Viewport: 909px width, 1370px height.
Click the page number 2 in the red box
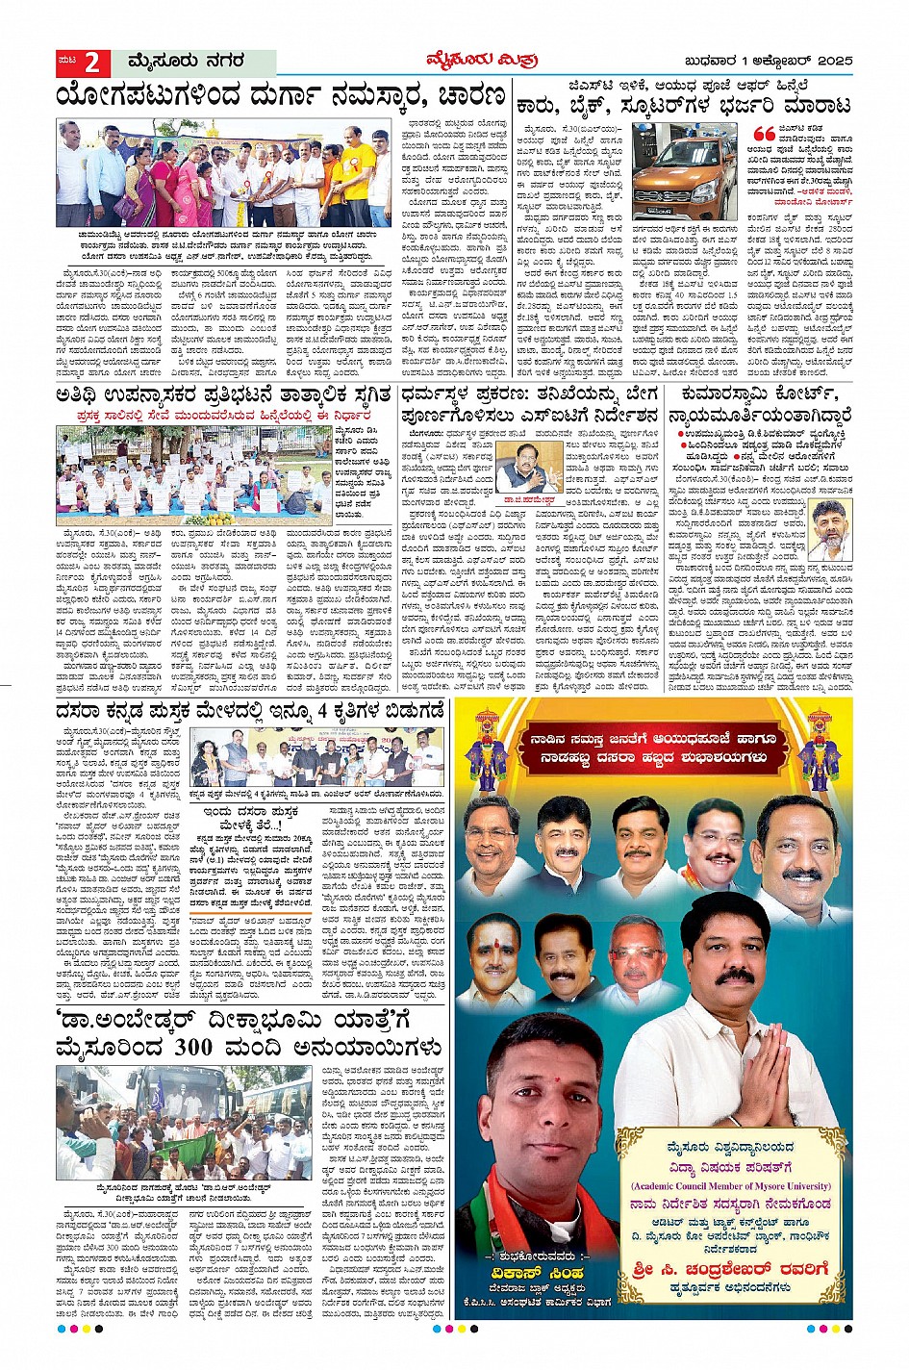click(x=92, y=63)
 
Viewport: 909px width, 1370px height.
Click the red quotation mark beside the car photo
click(x=764, y=135)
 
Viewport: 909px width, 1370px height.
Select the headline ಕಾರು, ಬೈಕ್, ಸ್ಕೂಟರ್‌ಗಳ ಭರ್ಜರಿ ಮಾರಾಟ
click(x=684, y=106)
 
